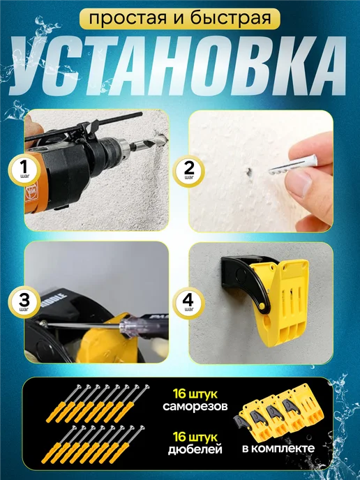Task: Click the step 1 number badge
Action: coord(24,170)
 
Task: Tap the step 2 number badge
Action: coord(189,171)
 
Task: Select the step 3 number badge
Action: coord(24,302)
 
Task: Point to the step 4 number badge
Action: coord(188,303)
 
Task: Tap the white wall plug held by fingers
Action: coord(293,165)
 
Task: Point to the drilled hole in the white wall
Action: coord(250,172)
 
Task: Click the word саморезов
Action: coord(195,406)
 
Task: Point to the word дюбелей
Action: coord(195,449)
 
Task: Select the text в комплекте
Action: coord(278,449)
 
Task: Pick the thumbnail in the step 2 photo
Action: coord(299,183)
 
